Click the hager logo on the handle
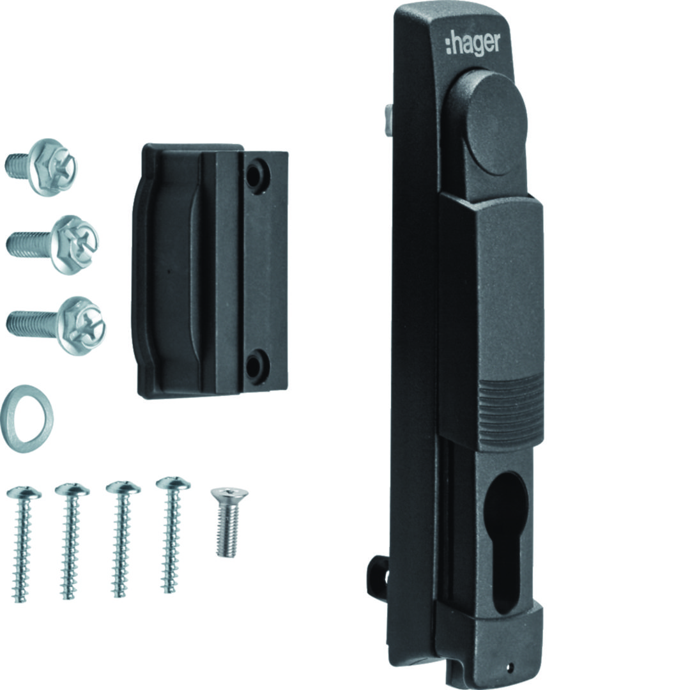click(473, 44)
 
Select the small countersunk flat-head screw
click(229, 522)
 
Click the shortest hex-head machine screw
click(41, 167)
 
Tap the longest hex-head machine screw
click(56, 326)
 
